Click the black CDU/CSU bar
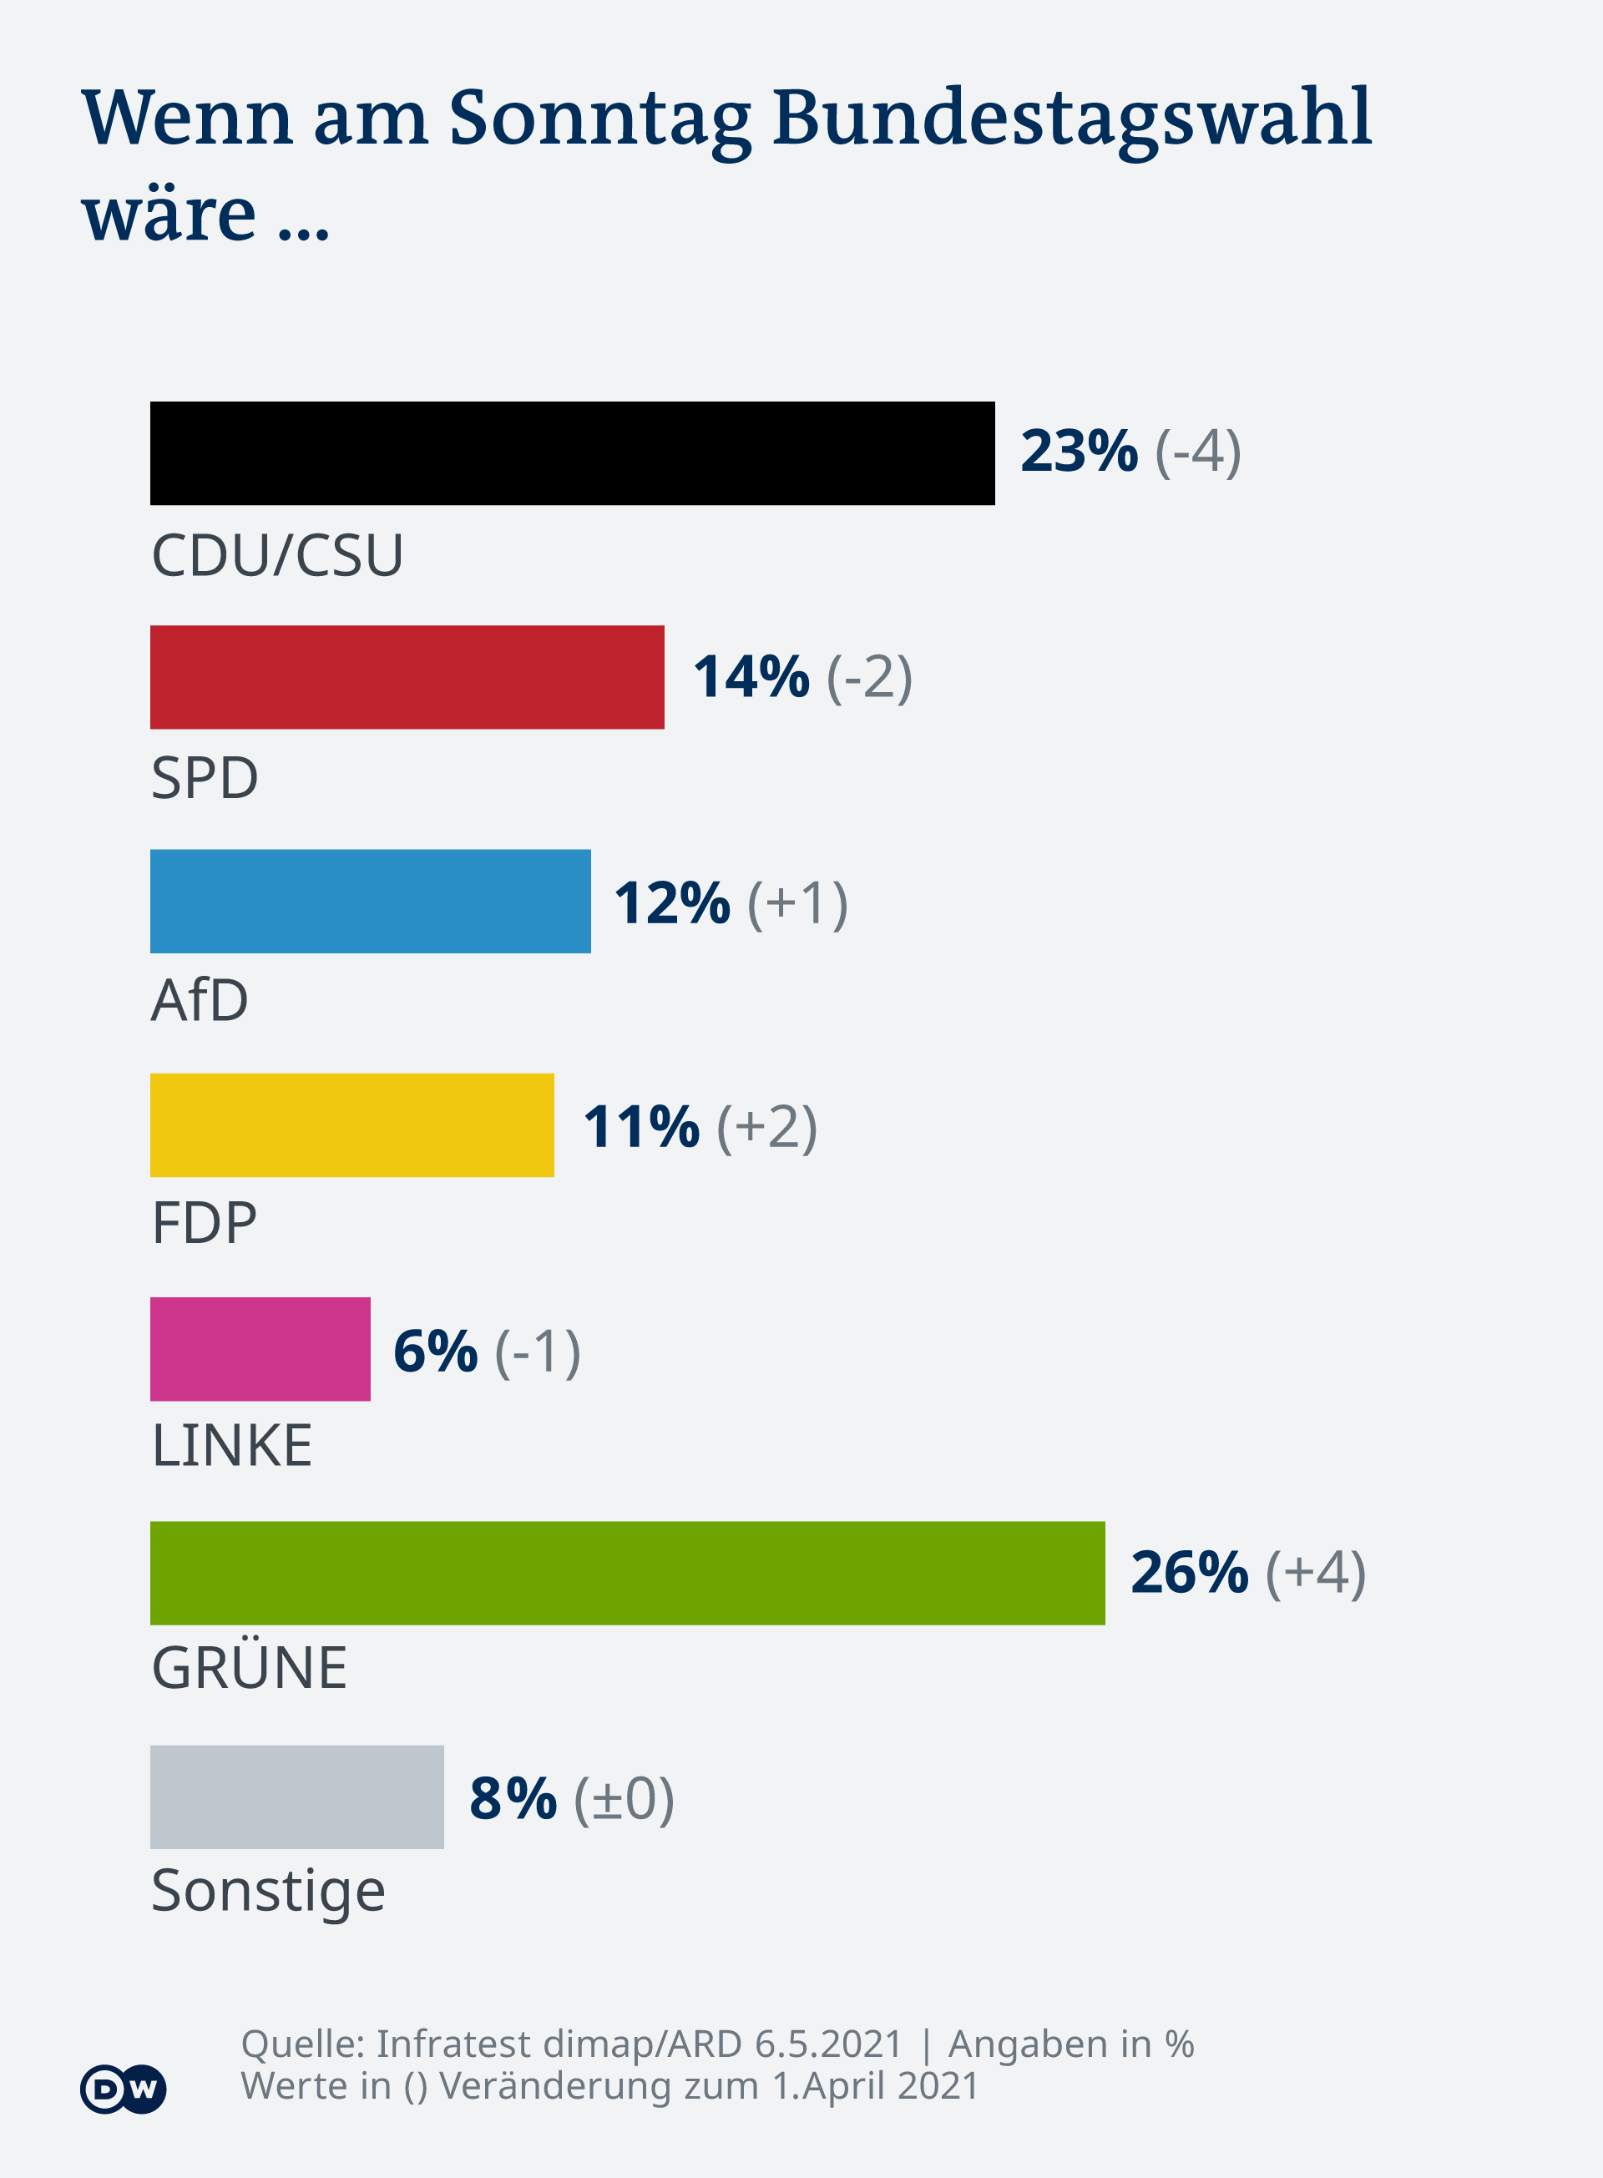(573, 453)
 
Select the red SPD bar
(407, 677)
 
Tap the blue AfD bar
(370, 902)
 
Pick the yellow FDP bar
(351, 1125)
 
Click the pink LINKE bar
(260, 1350)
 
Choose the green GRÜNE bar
(627, 1573)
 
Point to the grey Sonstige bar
(297, 1796)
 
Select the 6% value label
(436, 1351)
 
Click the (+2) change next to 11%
(766, 1126)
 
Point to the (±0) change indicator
(624, 1799)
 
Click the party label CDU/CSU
(276, 556)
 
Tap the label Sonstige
(268, 1891)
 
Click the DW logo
(124, 2089)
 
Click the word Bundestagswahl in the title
(1072, 119)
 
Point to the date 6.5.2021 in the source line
(827, 2044)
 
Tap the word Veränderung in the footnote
(599, 2086)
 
